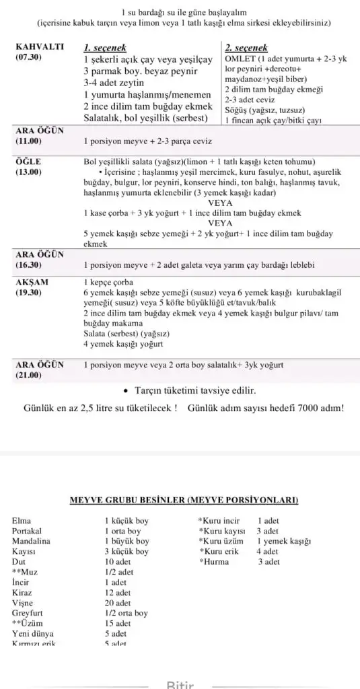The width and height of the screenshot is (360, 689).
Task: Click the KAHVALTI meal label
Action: (39, 48)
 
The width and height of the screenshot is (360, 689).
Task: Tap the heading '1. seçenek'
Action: (104, 48)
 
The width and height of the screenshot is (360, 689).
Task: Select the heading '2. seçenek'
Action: (246, 48)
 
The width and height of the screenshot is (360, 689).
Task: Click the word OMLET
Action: (240, 59)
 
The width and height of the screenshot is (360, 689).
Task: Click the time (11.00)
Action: (28, 141)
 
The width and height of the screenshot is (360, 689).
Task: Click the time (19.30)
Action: (28, 293)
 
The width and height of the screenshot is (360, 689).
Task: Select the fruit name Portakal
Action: (28, 531)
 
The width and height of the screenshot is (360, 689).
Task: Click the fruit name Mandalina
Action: (31, 540)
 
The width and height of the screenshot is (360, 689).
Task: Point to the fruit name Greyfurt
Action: (28, 613)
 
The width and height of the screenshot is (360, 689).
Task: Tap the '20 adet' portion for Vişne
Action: (118, 604)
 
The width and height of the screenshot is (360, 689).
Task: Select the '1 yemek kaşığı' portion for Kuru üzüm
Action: (283, 541)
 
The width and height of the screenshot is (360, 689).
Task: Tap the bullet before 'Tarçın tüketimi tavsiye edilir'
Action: (127, 390)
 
